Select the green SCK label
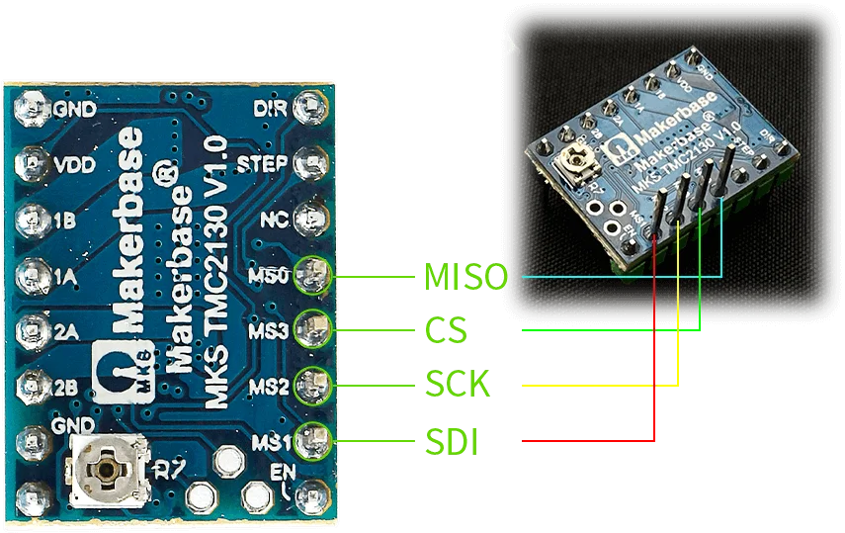pyautogui.click(x=457, y=384)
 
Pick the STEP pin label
pyautogui.click(x=264, y=162)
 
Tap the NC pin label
pyautogui.click(x=274, y=218)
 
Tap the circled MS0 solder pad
pyautogui.click(x=315, y=276)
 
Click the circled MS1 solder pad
pyautogui.click(x=315, y=438)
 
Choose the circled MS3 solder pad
pyautogui.click(x=315, y=329)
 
